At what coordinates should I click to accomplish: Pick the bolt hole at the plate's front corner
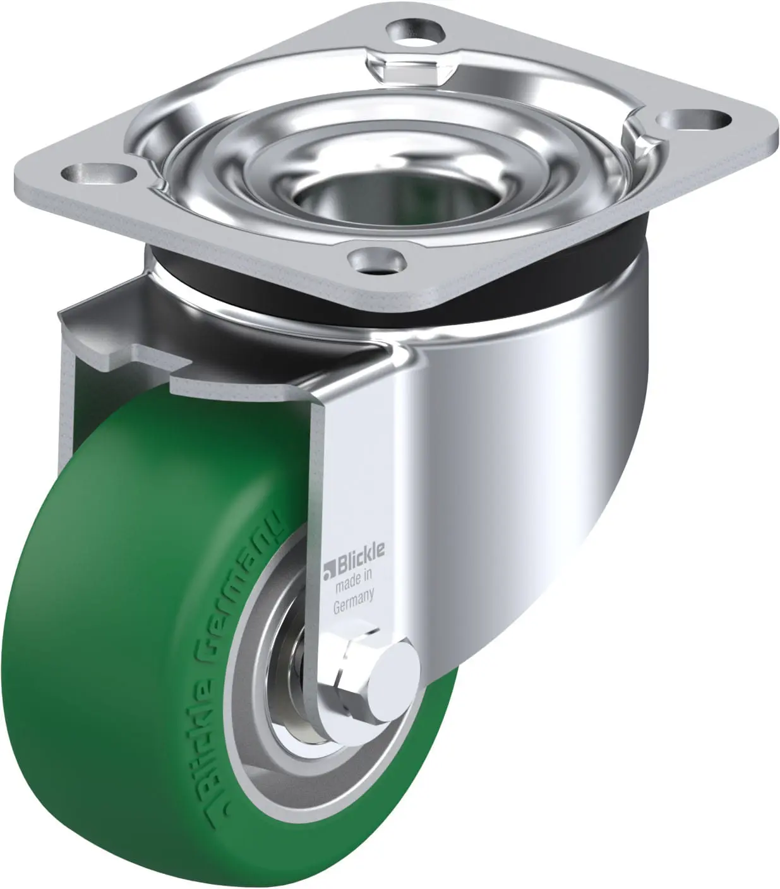pos(375,260)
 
